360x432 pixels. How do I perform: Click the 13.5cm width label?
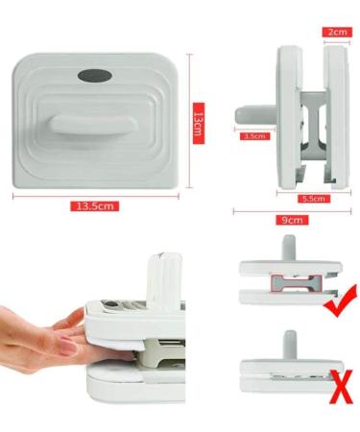(x=95, y=205)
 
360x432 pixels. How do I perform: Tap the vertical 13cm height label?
(x=199, y=124)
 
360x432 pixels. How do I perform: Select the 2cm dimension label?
(x=337, y=32)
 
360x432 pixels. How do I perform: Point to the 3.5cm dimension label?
(x=255, y=136)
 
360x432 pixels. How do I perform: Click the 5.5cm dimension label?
(x=314, y=199)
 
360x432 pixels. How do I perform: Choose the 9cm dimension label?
(x=292, y=220)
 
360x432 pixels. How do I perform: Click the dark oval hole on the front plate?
(x=95, y=76)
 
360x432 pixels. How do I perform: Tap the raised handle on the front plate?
(x=93, y=127)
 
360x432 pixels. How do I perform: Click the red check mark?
(x=340, y=301)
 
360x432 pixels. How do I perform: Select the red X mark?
(x=343, y=387)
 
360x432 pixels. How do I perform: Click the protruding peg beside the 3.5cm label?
(x=255, y=115)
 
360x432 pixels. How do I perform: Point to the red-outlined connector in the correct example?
(x=296, y=284)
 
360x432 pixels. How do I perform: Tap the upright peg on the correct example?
(x=289, y=249)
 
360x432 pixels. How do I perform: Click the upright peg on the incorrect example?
(x=290, y=346)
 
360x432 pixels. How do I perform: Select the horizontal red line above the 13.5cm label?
(x=96, y=196)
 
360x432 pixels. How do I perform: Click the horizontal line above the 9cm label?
(x=292, y=211)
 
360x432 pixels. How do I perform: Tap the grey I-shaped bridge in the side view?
(x=315, y=124)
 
